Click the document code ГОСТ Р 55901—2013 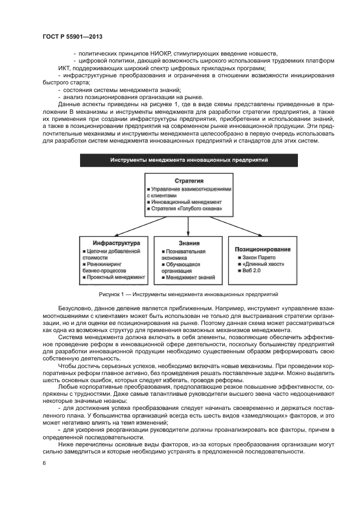coord(72,36)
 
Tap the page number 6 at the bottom coord(44,463)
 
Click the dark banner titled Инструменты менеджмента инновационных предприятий coord(188,160)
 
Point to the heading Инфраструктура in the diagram coord(116,242)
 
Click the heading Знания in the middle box coord(188,243)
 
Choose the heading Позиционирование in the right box coord(263,248)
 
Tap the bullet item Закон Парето coord(258,257)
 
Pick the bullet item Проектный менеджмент coord(115,277)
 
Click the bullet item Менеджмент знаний coord(189,277)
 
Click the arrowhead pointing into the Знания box coord(188,234)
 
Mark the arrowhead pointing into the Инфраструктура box coord(113,234)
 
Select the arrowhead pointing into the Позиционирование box coord(263,234)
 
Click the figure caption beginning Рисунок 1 coord(188,294)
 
